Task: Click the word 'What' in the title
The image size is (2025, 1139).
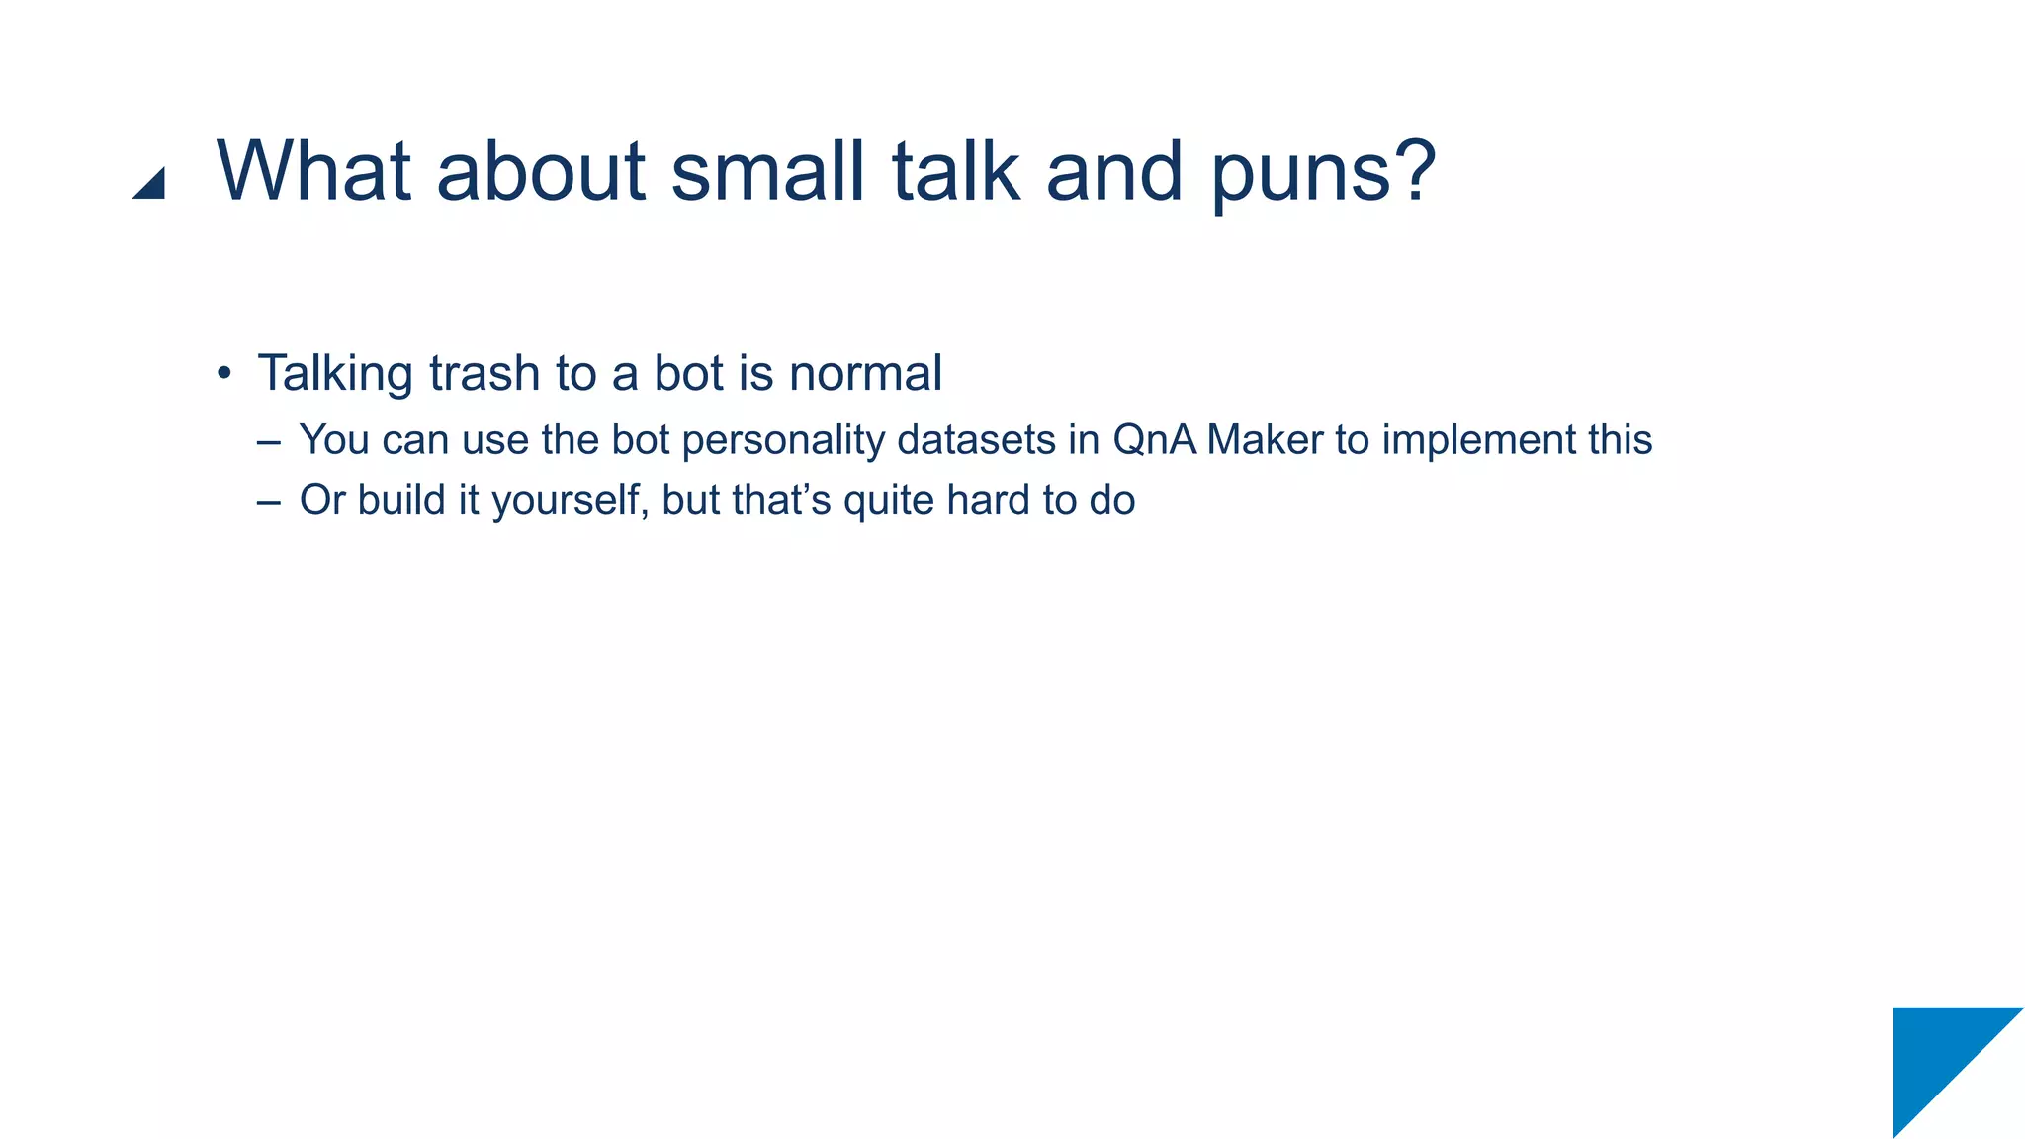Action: point(313,171)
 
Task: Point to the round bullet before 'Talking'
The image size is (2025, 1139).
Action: point(224,375)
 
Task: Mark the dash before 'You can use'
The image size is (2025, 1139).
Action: point(268,442)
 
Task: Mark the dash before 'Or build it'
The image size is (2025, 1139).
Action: point(268,502)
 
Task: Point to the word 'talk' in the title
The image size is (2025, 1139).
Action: point(956,171)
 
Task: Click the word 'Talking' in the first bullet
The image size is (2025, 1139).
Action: point(335,375)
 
